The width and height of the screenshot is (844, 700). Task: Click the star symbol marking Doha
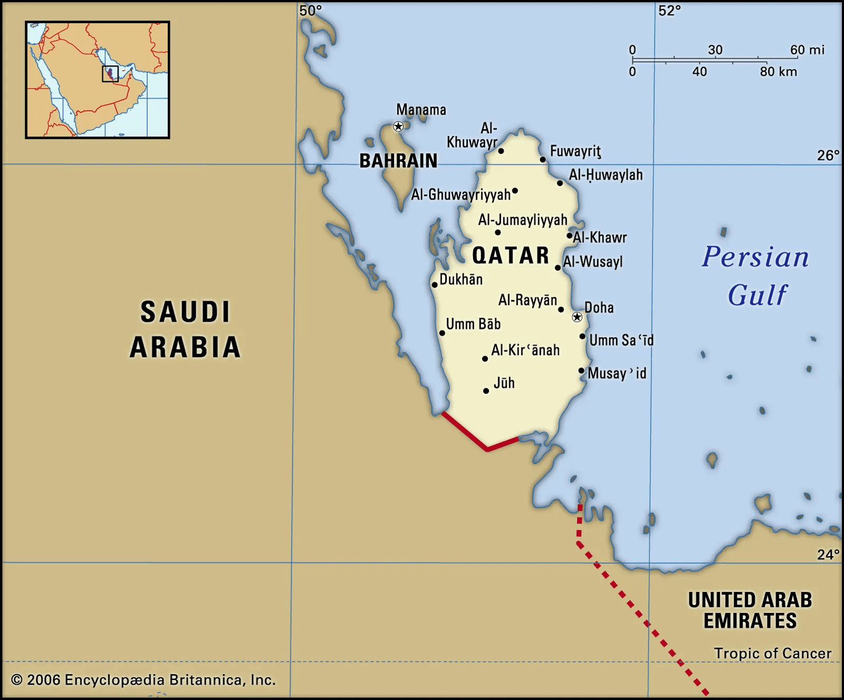pos(577,317)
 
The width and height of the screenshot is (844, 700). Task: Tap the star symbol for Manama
pos(398,126)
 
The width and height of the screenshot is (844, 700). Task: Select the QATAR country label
pos(511,256)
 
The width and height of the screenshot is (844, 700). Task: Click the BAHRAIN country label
pos(398,161)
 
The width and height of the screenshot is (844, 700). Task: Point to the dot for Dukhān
pos(434,285)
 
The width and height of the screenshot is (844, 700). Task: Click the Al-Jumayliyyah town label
pos(522,220)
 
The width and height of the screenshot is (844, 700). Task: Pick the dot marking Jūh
pos(486,391)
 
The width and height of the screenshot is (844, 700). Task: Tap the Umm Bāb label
pos(473,324)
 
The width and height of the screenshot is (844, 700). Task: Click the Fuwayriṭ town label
pos(576,151)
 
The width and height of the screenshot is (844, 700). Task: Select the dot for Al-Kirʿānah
pos(485,359)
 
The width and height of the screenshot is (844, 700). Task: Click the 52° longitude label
pos(669,11)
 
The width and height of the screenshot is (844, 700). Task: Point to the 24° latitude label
pos(828,554)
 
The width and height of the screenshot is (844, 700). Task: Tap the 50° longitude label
pos(310,11)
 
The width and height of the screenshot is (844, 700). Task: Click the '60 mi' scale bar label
pos(807,50)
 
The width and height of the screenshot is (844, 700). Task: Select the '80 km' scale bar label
pos(778,72)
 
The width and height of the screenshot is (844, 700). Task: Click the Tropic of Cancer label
pos(772,653)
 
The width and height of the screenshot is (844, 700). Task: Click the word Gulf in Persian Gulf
pos(757,295)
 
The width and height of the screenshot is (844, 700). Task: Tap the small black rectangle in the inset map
pos(110,74)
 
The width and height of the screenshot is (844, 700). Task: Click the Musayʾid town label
pos(617,373)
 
